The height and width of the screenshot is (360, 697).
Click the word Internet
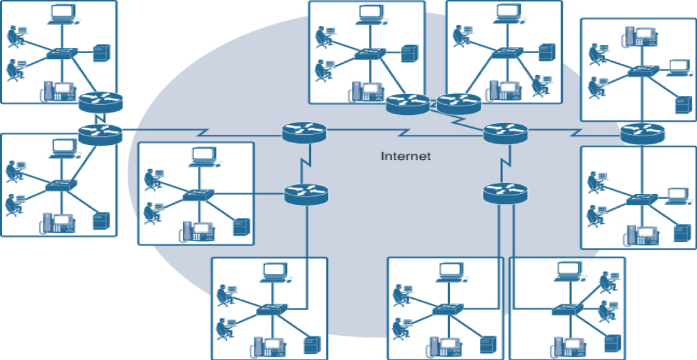click(406, 157)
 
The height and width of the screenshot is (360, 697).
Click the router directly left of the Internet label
click(304, 132)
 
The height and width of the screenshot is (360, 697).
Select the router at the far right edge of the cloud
click(643, 133)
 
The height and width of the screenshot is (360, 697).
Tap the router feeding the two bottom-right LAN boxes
click(505, 193)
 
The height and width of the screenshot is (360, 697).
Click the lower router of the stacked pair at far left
click(99, 133)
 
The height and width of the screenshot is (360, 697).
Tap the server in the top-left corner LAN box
click(101, 53)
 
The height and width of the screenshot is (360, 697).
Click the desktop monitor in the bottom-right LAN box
click(567, 271)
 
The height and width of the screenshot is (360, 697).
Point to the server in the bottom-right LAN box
click(612, 343)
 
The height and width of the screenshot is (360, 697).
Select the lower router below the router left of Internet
click(306, 194)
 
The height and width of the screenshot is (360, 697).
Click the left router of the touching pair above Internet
click(407, 104)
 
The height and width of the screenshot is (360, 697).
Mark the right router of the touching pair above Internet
click(458, 104)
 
